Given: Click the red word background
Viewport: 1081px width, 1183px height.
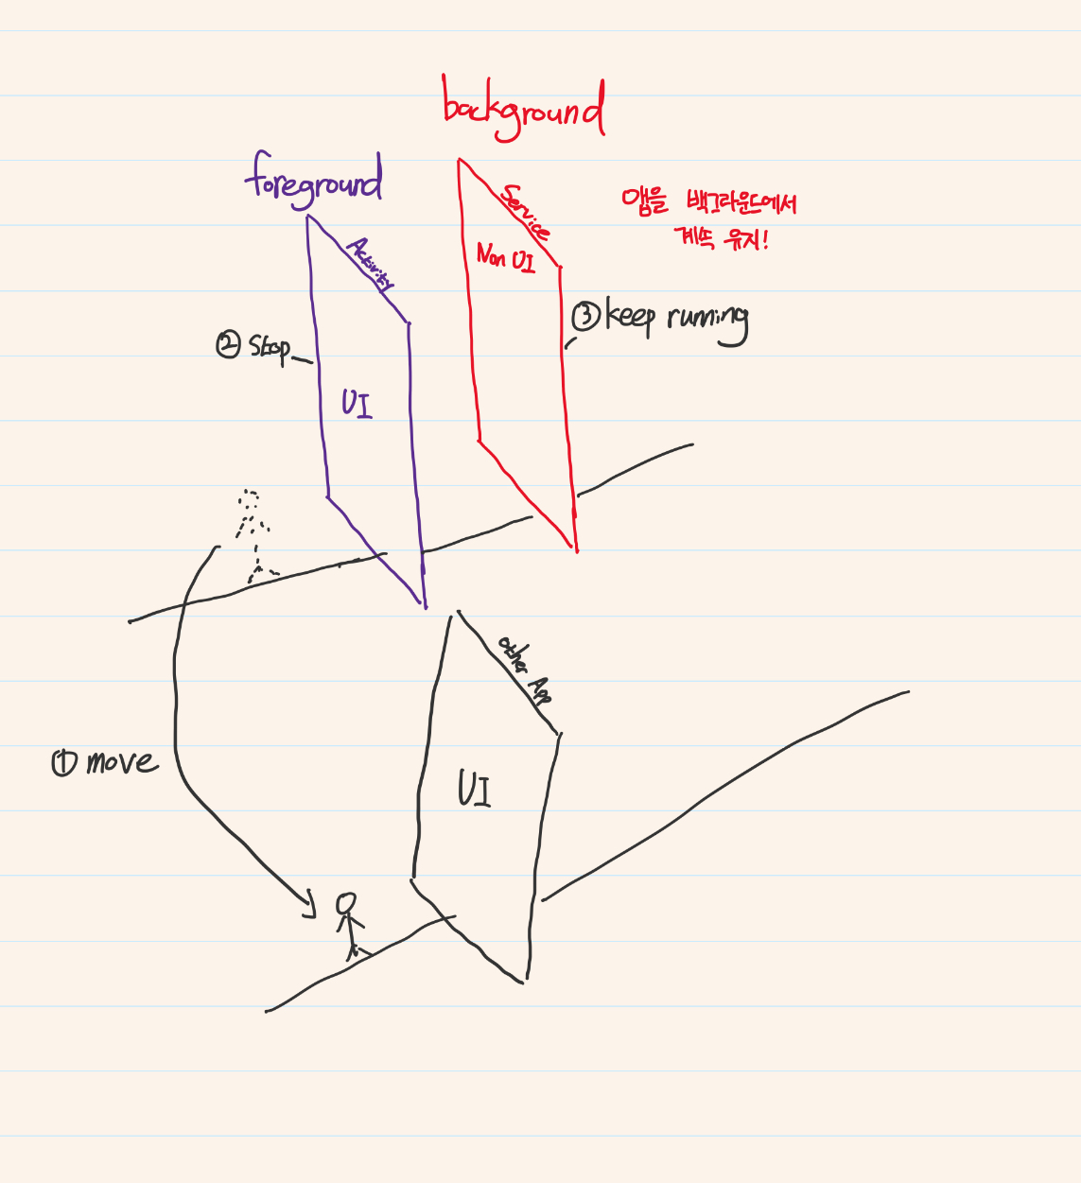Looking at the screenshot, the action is pos(523,109).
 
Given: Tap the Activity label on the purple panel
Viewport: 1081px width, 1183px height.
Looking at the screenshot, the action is pos(371,264).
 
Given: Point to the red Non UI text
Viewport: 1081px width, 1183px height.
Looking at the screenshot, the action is pos(505,256).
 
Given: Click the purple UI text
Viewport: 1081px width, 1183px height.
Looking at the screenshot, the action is pos(357,405).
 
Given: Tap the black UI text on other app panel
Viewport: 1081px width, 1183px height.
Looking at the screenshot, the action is pos(474,789).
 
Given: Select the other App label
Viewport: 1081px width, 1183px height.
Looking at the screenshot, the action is pos(525,670).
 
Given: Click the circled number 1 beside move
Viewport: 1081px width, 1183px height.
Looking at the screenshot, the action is pos(63,763).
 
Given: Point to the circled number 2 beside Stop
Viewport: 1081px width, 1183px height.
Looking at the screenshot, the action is pos(228,345).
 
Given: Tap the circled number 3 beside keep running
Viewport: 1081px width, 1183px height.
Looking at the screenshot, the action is pos(585,316).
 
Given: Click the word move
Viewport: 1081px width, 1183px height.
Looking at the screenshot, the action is pos(122,762).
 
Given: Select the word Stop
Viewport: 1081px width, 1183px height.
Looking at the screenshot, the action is pos(270,347).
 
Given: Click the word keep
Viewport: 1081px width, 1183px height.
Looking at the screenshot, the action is pos(630,316).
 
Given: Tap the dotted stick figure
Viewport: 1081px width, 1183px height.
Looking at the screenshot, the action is pos(253,535).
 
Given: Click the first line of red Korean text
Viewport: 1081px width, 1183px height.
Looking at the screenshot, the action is pos(708,202).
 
